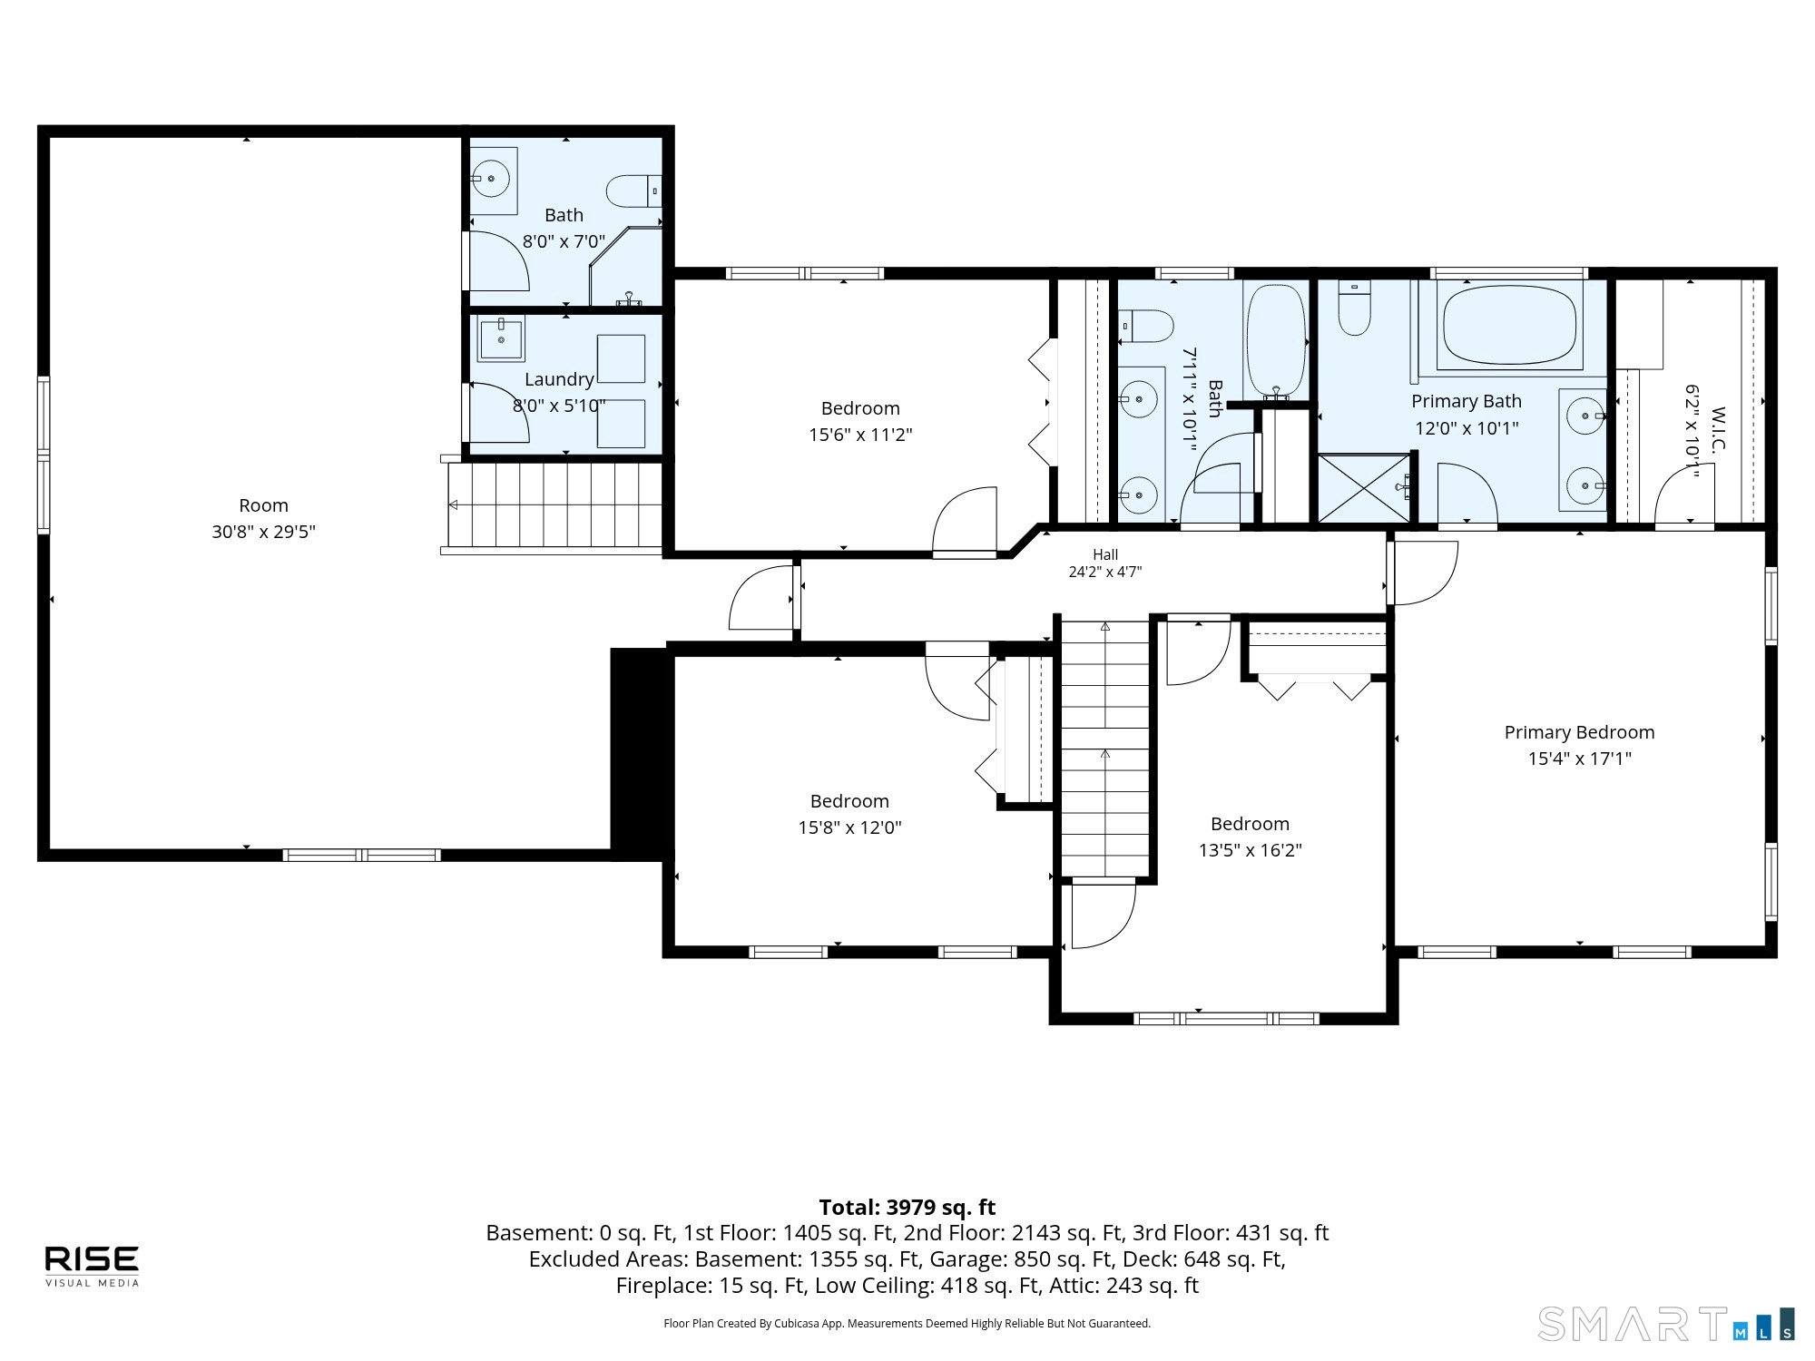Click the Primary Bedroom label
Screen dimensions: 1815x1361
[x=1579, y=732]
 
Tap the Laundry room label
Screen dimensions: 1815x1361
[x=559, y=379]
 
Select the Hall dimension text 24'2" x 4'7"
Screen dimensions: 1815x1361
[x=1104, y=572]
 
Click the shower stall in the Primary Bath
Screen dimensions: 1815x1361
[x=1364, y=488]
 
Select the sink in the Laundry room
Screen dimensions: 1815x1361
[x=501, y=338]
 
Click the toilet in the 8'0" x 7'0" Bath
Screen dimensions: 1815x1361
[x=633, y=191]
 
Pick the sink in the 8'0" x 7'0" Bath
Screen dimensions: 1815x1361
[x=492, y=180]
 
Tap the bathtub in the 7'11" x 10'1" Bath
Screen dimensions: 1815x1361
[x=1276, y=340]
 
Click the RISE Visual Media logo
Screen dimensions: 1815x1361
[x=93, y=1266]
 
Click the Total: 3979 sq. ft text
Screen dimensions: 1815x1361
[x=907, y=1207]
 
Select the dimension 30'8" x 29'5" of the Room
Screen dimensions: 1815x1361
[x=263, y=532]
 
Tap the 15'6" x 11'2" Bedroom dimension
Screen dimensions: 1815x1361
[x=860, y=435]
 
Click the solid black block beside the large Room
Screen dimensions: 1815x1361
[x=641, y=753]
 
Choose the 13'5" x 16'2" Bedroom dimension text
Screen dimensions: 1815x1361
[x=1250, y=850]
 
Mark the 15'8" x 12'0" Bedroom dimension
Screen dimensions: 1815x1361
[x=849, y=827]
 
